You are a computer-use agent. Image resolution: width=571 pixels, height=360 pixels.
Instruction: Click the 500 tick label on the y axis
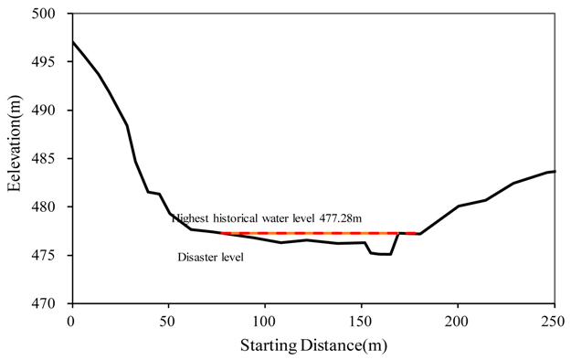pyautogui.click(x=52, y=15)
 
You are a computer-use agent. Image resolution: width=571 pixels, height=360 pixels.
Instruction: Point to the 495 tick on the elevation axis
pyautogui.click(x=52, y=62)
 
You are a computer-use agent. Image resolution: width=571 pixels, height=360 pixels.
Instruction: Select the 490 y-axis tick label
pyautogui.click(x=52, y=111)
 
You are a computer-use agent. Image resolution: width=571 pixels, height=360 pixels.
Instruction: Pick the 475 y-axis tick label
pyautogui.click(x=52, y=255)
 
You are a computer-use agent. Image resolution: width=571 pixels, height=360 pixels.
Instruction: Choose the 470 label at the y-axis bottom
pyautogui.click(x=52, y=303)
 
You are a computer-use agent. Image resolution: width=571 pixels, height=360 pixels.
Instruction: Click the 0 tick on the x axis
pyautogui.click(x=71, y=321)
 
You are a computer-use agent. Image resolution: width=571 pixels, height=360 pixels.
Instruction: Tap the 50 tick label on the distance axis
pyautogui.click(x=167, y=321)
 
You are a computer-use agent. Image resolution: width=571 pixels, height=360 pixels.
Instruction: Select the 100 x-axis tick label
pyautogui.click(x=264, y=321)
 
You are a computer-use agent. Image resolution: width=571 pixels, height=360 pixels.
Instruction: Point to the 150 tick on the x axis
pyautogui.click(x=361, y=321)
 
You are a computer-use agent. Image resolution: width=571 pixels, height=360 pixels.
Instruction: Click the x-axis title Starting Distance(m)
pyautogui.click(x=312, y=345)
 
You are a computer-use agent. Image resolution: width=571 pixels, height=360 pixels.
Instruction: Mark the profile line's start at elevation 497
pyautogui.click(x=71, y=42)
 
